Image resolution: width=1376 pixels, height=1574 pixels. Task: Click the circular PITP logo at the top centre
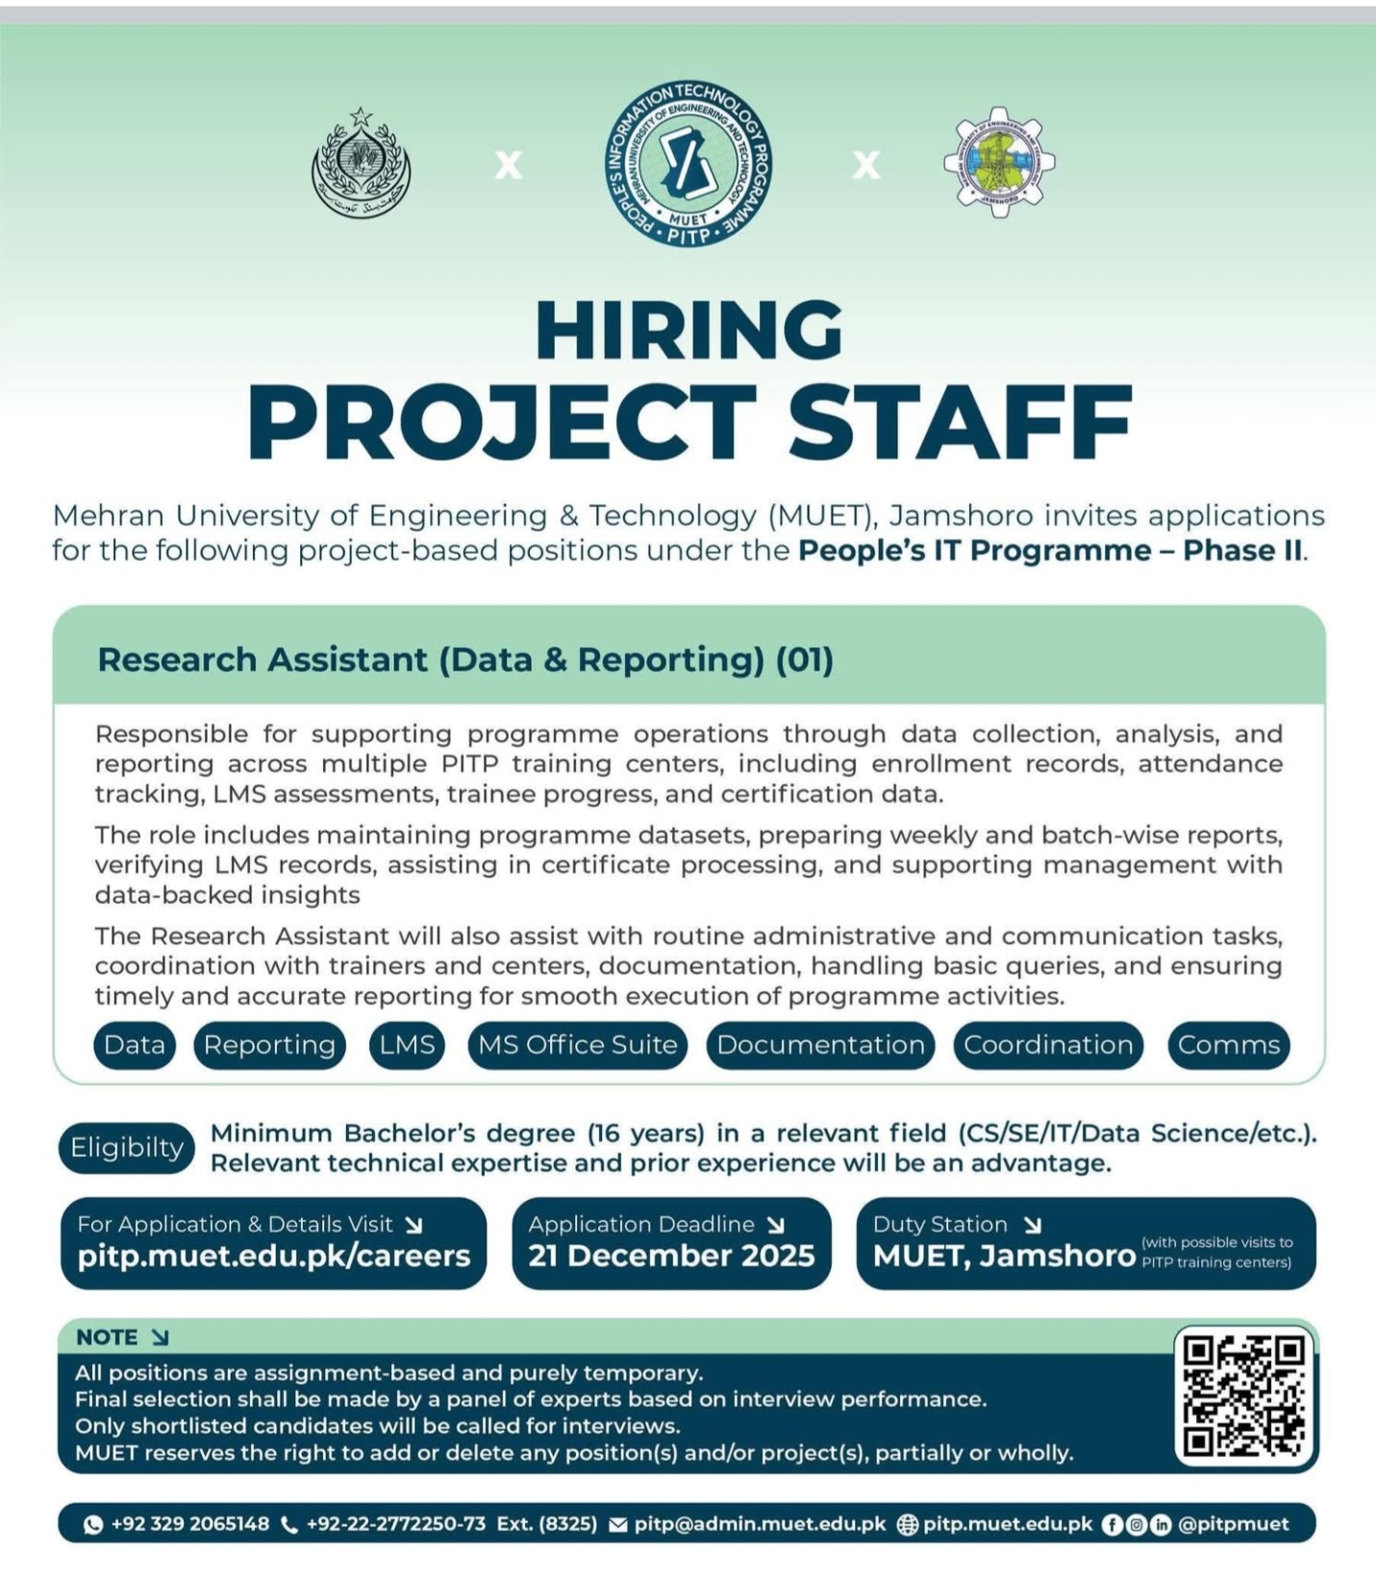(x=688, y=162)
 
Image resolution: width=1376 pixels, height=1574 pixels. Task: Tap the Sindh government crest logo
(x=362, y=164)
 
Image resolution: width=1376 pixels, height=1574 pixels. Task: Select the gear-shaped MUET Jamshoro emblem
(x=998, y=162)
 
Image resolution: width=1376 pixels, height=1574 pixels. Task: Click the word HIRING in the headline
(x=688, y=330)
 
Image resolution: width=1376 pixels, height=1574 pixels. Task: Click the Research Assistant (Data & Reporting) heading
(x=465, y=660)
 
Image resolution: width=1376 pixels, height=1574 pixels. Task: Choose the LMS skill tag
(x=407, y=1045)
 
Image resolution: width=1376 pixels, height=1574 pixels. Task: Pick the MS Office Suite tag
(x=578, y=1045)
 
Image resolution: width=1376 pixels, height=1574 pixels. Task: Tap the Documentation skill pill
(x=820, y=1045)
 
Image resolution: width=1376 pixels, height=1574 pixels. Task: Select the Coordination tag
(x=1048, y=1045)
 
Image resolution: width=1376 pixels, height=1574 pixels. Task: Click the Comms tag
(x=1229, y=1045)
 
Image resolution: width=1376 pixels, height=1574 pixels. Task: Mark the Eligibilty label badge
(x=127, y=1147)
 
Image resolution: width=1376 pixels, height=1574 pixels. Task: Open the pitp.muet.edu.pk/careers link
(x=274, y=1256)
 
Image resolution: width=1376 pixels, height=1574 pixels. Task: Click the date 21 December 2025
(x=671, y=1256)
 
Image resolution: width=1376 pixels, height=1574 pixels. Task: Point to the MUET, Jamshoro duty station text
(x=1004, y=1256)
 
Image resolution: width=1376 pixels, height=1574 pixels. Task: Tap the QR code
(x=1244, y=1395)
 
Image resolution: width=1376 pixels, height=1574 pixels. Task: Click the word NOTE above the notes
(x=107, y=1337)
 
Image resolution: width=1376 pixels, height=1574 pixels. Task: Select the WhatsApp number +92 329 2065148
(x=189, y=1524)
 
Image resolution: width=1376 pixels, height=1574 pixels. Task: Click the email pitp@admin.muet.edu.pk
(x=760, y=1524)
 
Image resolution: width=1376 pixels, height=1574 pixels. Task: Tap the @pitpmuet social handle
(x=1234, y=1524)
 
